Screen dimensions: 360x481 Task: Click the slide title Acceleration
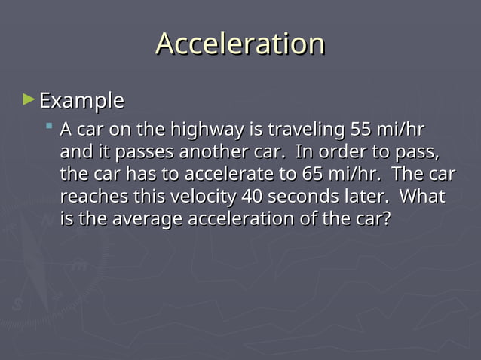(x=240, y=44)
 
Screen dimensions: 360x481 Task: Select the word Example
(x=81, y=100)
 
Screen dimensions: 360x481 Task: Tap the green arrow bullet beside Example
(x=29, y=99)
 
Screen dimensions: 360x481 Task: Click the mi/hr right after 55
(x=397, y=130)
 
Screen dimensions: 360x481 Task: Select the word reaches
(x=88, y=197)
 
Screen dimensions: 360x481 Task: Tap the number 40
(x=252, y=197)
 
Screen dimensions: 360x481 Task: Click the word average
(x=147, y=220)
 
